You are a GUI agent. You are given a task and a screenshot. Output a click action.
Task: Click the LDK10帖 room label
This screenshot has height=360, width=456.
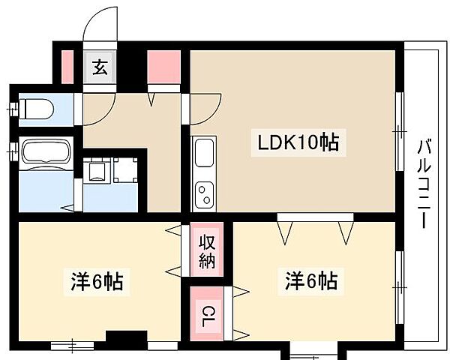[299, 142]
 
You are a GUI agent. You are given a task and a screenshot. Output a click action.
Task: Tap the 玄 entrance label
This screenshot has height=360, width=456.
[99, 67]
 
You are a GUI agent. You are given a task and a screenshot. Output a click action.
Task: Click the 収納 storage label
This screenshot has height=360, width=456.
[206, 251]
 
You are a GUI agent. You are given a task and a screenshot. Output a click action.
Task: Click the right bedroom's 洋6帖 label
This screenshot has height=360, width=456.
[310, 283]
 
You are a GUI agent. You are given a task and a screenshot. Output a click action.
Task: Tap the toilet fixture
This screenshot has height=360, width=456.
[35, 109]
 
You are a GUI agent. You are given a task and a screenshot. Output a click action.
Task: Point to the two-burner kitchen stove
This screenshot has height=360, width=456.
[204, 196]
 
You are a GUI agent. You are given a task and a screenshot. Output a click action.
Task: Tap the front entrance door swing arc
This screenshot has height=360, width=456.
[100, 26]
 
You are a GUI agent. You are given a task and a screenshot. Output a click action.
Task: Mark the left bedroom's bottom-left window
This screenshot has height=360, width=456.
[72, 345]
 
